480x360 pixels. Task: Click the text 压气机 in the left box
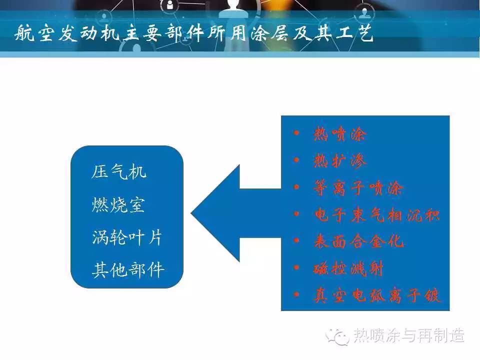(119, 171)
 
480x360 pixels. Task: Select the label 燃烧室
(118, 204)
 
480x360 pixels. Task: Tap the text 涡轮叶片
(126, 237)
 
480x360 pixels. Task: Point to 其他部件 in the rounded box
(128, 270)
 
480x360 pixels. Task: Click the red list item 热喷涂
(340, 134)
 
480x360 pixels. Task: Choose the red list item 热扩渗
(340, 160)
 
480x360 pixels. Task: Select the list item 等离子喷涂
(358, 187)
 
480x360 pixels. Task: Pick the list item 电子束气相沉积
(377, 214)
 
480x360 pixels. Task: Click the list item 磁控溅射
(348, 268)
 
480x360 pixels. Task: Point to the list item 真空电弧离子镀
(377, 295)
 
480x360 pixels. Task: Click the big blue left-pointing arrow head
(215, 213)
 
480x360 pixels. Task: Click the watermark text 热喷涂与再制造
(409, 335)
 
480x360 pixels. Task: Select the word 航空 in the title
(34, 33)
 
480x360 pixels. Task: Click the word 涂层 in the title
(269, 32)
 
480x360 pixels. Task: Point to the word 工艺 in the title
(354, 32)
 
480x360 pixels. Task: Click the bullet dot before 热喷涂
(296, 133)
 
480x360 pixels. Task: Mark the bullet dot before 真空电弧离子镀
(296, 294)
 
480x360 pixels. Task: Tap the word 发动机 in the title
(89, 33)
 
